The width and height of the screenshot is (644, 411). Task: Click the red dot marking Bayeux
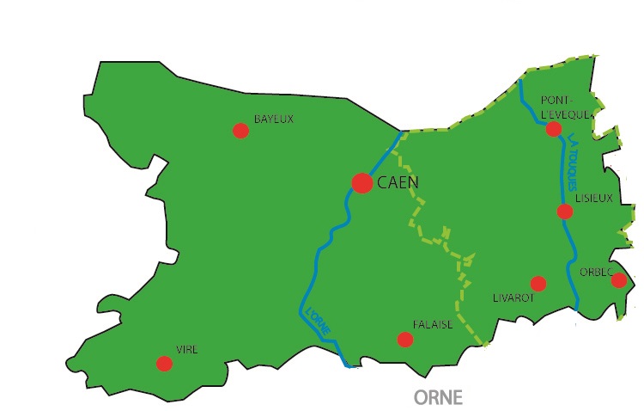[240, 131]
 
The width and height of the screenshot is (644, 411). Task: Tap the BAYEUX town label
[273, 119]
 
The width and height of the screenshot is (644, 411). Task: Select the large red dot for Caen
[362, 183]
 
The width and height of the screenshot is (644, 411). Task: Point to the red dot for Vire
[164, 364]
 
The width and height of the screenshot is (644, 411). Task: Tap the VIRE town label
[186, 349]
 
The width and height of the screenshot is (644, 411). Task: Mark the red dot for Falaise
[405, 340]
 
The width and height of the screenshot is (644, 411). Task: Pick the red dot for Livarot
[538, 284]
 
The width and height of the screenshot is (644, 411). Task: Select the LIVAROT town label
[514, 298]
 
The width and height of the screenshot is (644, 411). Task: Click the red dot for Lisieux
[565, 212]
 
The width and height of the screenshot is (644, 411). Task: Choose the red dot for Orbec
[618, 280]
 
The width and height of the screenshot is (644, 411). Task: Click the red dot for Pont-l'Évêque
[554, 129]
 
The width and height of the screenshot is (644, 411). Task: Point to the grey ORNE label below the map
[438, 397]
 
